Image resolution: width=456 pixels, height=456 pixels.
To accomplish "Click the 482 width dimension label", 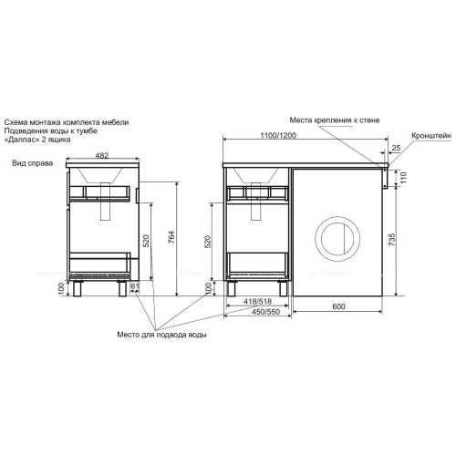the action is click(x=102, y=155).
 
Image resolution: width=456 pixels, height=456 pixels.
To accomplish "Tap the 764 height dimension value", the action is click(x=171, y=237).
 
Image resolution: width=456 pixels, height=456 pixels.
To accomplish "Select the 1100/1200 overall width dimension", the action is click(x=278, y=136).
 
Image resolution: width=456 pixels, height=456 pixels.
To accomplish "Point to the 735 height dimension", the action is click(x=392, y=240).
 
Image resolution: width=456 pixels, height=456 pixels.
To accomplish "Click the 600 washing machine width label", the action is click(x=338, y=306).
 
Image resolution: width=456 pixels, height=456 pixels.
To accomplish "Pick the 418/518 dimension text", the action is click(x=257, y=301).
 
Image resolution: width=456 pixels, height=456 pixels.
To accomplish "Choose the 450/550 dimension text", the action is click(x=265, y=312).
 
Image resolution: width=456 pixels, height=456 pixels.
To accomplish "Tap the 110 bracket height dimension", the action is click(x=403, y=178).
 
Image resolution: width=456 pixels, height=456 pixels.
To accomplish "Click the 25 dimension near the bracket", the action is click(x=396, y=148).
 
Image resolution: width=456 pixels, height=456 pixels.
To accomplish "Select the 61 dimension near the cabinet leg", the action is click(x=135, y=285).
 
